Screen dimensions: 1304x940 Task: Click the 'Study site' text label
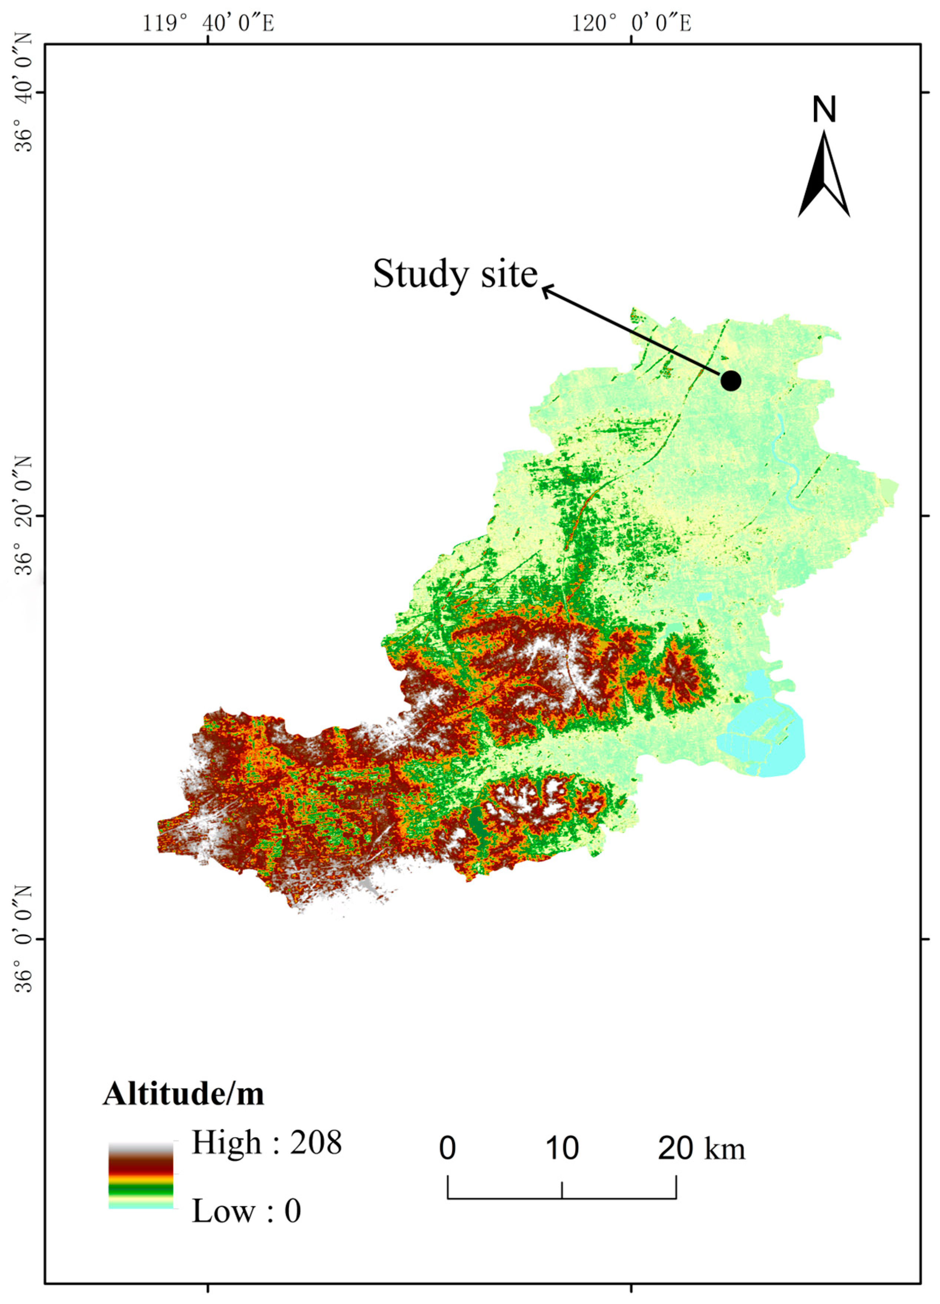click(x=455, y=274)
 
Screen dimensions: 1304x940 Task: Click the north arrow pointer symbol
click(x=824, y=175)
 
